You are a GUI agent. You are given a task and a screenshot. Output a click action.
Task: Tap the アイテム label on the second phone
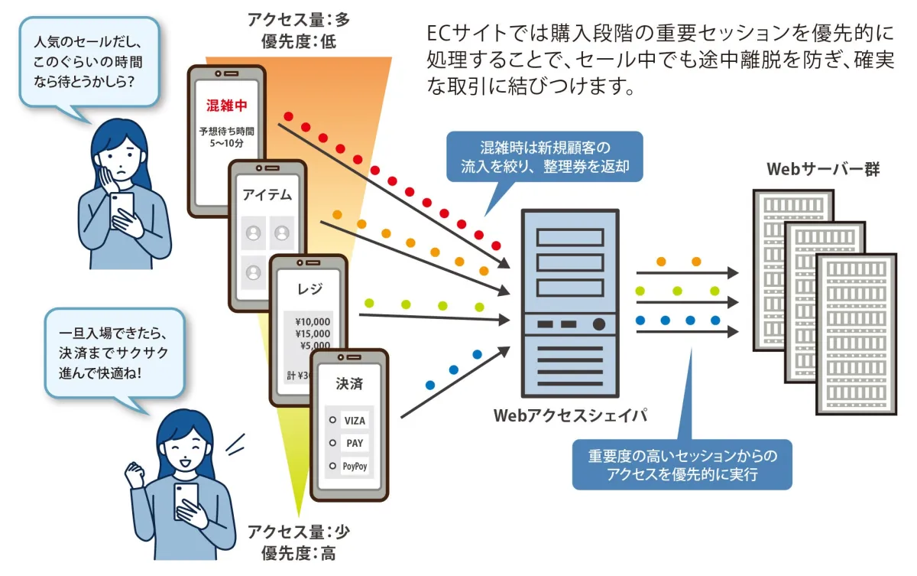click(267, 194)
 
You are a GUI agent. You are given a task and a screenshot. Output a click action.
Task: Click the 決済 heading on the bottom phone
click(349, 384)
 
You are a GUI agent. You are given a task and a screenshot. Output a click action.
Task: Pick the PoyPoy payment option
click(355, 465)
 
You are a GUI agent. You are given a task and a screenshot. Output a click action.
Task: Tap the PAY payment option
click(355, 443)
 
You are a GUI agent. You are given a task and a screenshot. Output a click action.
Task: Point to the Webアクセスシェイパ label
click(571, 415)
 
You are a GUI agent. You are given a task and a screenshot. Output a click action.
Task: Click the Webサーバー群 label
click(823, 168)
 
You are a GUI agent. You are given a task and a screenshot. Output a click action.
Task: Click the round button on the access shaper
click(599, 324)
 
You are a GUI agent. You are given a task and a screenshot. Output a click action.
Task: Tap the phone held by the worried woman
click(122, 209)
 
